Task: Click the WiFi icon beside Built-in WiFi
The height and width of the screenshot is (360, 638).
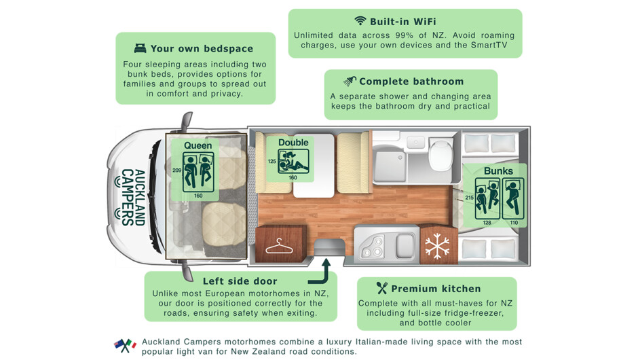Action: pos(360,21)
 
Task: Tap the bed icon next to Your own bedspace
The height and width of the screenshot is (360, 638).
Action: pos(140,48)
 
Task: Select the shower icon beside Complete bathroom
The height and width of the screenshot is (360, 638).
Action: pos(350,82)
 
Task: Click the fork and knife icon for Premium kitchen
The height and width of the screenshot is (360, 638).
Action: pos(382,288)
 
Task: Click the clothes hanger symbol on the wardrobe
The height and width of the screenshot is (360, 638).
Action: pos(278,245)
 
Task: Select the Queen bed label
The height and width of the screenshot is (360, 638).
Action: pos(198,145)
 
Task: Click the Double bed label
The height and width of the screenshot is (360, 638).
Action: pos(293,143)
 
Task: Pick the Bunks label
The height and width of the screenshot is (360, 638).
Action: pos(498,171)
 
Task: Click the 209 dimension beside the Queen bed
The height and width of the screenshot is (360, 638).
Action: pos(176,170)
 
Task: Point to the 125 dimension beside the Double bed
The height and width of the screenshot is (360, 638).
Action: pos(272,162)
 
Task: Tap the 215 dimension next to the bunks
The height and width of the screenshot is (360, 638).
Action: pos(469,198)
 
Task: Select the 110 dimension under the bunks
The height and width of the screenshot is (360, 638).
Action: pos(514,223)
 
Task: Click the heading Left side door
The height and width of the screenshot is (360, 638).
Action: pos(240,281)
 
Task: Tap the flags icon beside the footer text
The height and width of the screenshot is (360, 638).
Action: pos(125,345)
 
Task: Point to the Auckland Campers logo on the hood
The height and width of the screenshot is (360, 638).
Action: pos(132,197)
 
